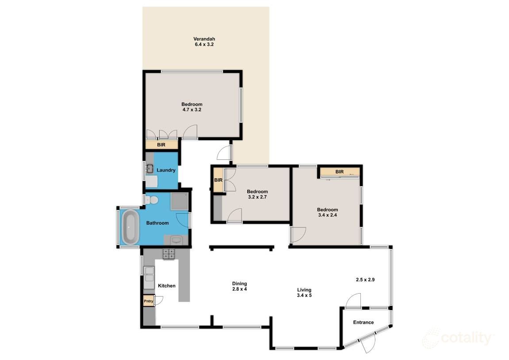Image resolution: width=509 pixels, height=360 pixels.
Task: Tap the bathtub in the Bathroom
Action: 129,227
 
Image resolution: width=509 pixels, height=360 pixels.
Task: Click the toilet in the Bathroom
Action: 153,200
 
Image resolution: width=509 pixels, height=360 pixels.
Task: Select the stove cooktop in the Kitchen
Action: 168,253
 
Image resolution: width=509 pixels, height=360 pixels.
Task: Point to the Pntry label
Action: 148,302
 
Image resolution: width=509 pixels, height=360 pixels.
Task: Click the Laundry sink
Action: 149,169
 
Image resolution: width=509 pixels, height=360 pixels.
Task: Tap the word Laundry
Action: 166,170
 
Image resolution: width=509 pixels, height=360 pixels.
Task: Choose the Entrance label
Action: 363,322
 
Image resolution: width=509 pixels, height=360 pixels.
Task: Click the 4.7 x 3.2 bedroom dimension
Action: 192,110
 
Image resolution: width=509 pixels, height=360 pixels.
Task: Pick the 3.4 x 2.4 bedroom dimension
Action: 327,215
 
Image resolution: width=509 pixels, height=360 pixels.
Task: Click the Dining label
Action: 239,283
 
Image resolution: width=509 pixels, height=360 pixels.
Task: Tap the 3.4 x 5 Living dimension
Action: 304,295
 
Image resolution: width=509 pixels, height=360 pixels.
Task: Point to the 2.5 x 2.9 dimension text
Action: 365,280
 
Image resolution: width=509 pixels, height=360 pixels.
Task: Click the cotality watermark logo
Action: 457,338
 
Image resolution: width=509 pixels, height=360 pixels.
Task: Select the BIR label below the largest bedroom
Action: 162,145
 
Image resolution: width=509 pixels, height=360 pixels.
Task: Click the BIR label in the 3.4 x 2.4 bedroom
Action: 339,172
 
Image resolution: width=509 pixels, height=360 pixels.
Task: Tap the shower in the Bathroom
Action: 180,201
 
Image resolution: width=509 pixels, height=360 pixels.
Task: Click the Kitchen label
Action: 167,286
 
